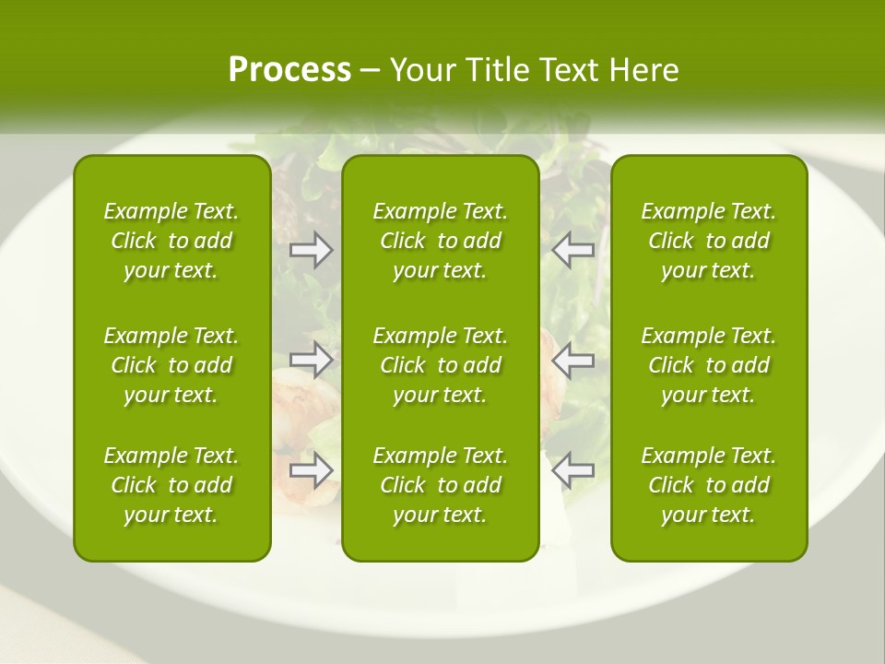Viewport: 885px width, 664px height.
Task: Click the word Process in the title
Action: pos(289,70)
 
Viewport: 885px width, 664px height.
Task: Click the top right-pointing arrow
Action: pos(312,250)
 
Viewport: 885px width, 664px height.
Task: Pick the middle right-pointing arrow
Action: pos(312,360)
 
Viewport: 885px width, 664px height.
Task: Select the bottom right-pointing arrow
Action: pos(312,470)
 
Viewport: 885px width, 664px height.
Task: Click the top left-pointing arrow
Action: pos(573,250)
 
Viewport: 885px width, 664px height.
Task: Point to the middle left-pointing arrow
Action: pos(573,360)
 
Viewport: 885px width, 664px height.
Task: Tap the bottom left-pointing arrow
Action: pos(573,470)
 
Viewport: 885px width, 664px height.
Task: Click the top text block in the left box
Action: pos(171,241)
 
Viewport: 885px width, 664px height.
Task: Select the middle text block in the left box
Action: pos(171,365)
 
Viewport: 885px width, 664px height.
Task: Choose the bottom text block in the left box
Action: pos(171,485)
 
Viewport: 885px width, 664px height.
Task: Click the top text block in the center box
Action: pos(441,241)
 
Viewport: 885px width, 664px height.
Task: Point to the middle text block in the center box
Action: pos(441,365)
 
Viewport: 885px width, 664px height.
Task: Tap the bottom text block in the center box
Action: pos(441,485)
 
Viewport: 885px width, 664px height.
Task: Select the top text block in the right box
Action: pos(709,241)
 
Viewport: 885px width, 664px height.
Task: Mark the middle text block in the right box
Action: pos(709,365)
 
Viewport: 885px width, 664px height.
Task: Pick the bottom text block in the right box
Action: pos(709,485)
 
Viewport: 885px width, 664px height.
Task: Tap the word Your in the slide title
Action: pos(422,70)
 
